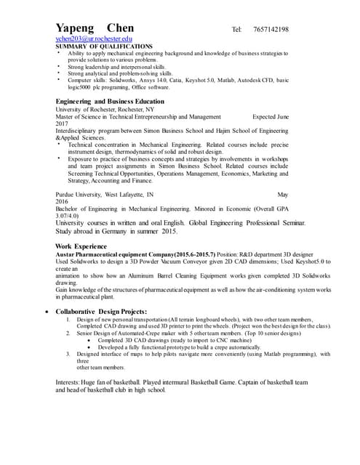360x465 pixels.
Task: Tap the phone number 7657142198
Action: (x=316, y=29)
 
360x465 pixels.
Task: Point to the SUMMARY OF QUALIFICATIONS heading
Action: (x=104, y=46)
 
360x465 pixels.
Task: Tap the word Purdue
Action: (x=68, y=195)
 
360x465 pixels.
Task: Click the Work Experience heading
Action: (x=84, y=246)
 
